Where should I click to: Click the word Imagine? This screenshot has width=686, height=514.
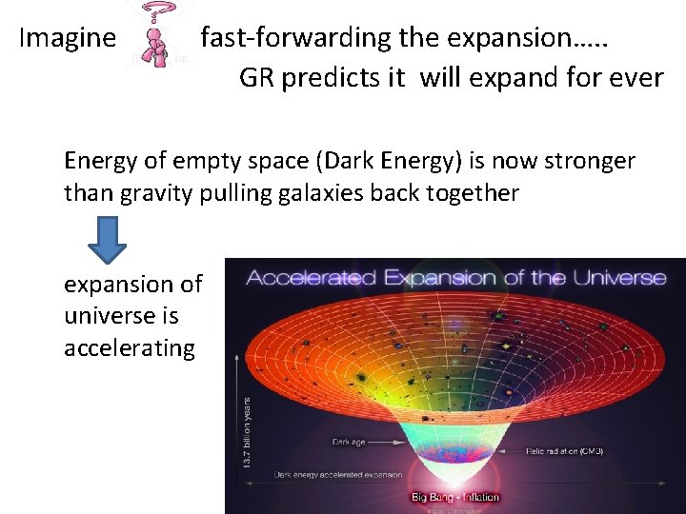[x=67, y=39]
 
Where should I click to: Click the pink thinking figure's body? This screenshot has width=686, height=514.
[x=152, y=52]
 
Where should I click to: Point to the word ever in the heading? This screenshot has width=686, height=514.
[x=636, y=78]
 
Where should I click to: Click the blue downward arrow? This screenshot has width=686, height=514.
[x=107, y=239]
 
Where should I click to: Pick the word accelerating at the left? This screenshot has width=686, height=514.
[x=129, y=348]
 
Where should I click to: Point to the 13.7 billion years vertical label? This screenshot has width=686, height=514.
[x=248, y=433]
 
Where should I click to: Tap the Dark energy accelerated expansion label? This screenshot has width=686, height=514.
[x=337, y=474]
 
